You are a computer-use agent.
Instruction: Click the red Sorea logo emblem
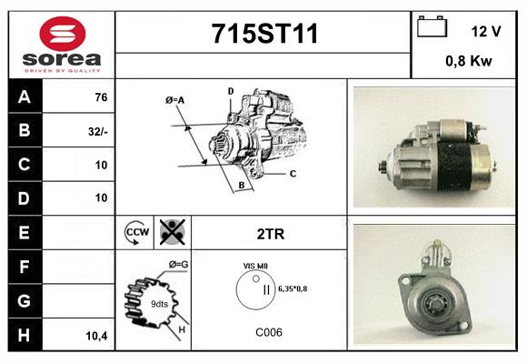tap(63, 34)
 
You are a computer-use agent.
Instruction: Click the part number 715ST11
tap(264, 34)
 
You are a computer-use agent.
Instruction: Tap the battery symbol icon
tap(432, 26)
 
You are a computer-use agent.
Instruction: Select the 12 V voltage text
tap(486, 31)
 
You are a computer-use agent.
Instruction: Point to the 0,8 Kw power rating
tap(469, 61)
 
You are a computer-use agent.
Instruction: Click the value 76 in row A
tap(101, 97)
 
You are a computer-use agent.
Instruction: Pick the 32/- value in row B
tap(98, 132)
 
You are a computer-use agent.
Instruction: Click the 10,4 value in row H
tap(97, 336)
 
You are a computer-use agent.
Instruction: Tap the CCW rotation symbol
tap(137, 232)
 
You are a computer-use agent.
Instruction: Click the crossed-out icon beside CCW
tap(173, 232)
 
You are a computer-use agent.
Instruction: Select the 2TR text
tap(271, 234)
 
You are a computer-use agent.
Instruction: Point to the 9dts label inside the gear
tap(159, 304)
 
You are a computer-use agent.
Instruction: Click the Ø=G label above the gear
tap(178, 265)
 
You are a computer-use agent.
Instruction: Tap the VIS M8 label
tap(255, 266)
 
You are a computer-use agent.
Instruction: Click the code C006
tap(269, 332)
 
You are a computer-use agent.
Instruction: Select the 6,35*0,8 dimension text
tap(293, 288)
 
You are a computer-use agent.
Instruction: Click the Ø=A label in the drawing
tap(174, 100)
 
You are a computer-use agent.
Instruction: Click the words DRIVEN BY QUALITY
tap(63, 71)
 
